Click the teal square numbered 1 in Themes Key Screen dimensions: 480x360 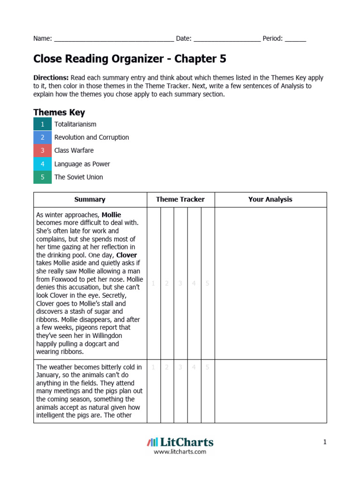[42, 124]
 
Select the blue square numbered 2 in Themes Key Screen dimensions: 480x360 [42, 137]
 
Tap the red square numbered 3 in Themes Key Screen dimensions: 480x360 [42, 150]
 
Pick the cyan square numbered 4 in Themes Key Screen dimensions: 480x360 [42, 164]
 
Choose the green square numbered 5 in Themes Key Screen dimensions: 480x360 [42, 177]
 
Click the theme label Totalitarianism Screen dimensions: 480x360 [75, 124]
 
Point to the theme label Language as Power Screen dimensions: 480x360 [82, 164]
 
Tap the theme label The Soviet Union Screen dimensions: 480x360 [79, 177]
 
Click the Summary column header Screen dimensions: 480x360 [90, 199]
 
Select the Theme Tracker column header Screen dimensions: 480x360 [180, 199]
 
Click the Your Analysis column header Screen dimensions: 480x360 [270, 199]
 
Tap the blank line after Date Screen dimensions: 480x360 [227, 39]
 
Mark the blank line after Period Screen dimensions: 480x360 [295, 39]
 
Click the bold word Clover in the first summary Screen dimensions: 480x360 [127, 255]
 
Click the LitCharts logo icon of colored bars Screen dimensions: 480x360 [152, 442]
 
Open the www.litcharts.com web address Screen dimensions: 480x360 [180, 452]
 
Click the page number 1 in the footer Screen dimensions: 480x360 [324, 442]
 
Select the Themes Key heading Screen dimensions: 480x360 [59, 112]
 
